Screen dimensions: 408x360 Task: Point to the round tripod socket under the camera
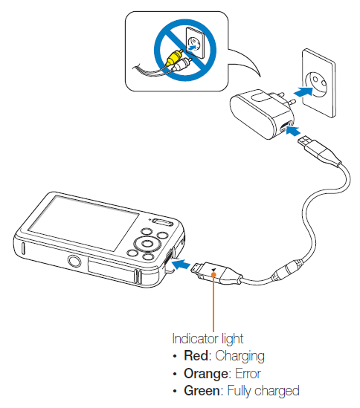coord(74,261)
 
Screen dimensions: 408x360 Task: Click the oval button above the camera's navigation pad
coord(160,221)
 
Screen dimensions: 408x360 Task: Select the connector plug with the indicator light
coord(216,273)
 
